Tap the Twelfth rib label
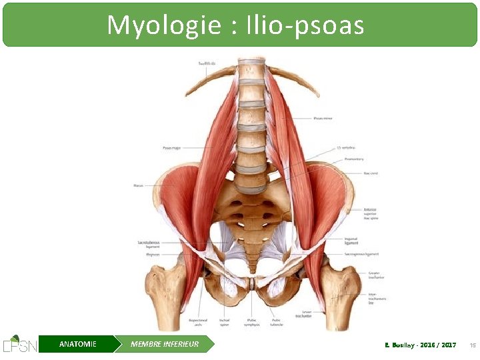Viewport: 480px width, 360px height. coord(207,64)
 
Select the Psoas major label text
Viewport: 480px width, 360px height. coord(171,147)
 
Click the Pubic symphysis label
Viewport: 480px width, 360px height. coord(251,322)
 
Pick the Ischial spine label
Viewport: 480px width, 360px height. coord(225,322)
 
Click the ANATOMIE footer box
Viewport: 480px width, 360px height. coord(77,344)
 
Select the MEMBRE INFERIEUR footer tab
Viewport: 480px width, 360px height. coord(165,344)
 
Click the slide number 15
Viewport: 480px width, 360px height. coord(471,345)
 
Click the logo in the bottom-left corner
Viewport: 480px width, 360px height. coord(19,343)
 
